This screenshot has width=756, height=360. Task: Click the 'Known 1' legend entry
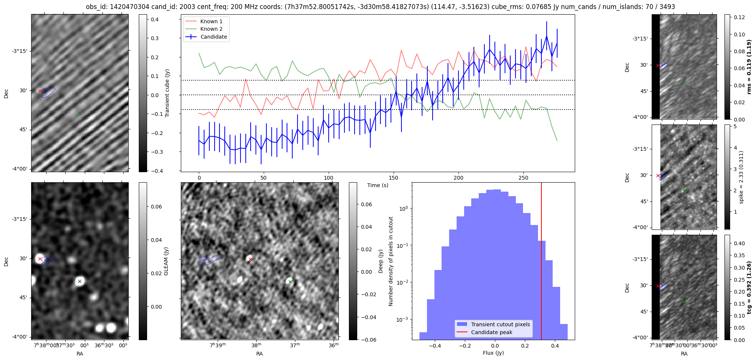point(211,21)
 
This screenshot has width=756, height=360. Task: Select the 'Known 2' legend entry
point(211,29)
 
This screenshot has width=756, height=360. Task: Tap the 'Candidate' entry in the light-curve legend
point(213,37)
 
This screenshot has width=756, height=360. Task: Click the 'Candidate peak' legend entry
point(491,332)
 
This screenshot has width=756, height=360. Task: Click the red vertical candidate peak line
point(541,262)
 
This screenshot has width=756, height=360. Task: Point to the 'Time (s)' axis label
point(377,185)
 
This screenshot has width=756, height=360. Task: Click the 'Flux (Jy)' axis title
point(493,353)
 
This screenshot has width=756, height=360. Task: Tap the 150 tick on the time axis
point(394,178)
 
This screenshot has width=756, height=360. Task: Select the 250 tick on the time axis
point(523,178)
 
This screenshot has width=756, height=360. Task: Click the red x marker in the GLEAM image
point(40,259)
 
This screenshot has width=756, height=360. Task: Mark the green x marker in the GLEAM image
point(80,281)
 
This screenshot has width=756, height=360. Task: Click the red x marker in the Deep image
point(250,259)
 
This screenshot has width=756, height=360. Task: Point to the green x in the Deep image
point(290,282)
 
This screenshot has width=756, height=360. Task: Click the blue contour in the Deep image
point(209,260)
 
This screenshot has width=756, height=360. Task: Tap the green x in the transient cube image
point(80,113)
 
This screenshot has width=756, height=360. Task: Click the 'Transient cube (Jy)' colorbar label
point(167,93)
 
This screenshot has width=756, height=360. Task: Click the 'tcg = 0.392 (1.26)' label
point(749,287)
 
